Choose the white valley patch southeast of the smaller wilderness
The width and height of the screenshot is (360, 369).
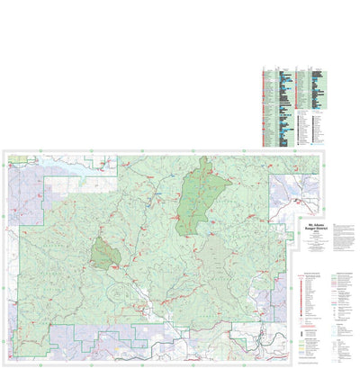[139, 292]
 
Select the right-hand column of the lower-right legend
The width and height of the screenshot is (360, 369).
[341, 306]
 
